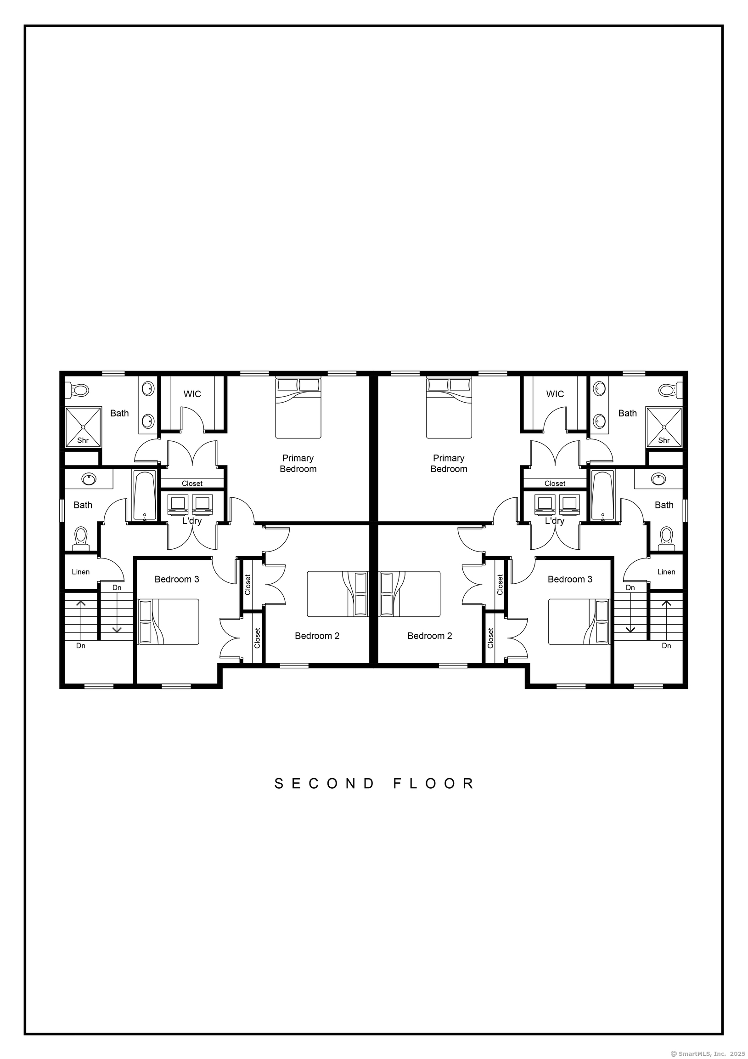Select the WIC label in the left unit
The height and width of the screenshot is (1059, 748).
pos(192,394)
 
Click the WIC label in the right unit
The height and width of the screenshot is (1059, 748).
pos(555,394)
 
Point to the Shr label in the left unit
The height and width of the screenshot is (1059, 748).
pos(83,440)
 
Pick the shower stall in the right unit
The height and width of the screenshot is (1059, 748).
pos(664,427)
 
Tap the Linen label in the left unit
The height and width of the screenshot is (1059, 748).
pos(81,572)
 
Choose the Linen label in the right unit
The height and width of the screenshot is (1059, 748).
pos(666,572)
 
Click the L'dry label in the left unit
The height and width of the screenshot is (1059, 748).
pos(192,521)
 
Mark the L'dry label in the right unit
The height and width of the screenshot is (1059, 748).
pos(554,521)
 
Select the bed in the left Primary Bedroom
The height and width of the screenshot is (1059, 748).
pos(298,408)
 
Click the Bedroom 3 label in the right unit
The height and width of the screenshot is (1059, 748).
pos(570,579)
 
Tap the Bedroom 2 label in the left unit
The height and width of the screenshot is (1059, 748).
pos(317,636)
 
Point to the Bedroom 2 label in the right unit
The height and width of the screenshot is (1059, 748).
pos(429,636)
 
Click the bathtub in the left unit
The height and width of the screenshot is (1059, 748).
pos(145,496)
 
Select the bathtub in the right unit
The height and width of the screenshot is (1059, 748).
pos(603,496)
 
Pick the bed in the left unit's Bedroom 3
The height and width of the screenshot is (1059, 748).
pos(169,622)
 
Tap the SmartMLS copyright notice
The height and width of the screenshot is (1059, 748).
pos(709,1053)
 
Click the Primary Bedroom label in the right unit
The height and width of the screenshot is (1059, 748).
pos(449,464)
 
